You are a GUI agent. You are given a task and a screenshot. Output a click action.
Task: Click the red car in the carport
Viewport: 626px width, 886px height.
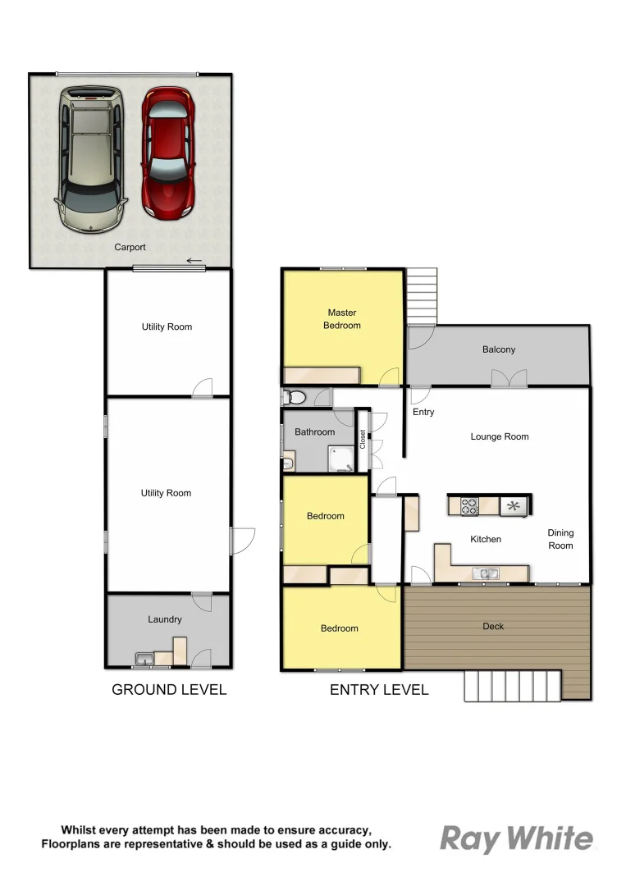tap(168, 153)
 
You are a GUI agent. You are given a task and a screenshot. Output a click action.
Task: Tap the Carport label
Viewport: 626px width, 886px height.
tap(130, 247)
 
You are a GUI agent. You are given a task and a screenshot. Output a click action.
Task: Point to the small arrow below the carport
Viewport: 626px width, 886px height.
tap(194, 262)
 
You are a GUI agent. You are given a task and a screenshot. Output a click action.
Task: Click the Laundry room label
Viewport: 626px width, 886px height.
tap(165, 619)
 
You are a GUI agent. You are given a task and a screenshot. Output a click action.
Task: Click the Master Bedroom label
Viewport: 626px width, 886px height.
tap(342, 319)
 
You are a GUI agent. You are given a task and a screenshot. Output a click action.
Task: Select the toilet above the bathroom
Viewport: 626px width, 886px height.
tap(294, 399)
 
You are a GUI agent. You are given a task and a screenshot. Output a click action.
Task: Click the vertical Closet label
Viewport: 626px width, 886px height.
tap(363, 439)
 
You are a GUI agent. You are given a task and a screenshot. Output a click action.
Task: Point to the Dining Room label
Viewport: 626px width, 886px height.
tap(560, 539)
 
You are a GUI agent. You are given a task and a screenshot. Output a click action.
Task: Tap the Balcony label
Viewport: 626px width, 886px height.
tap(499, 349)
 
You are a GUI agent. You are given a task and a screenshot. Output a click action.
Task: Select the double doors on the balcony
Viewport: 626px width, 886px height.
tap(509, 378)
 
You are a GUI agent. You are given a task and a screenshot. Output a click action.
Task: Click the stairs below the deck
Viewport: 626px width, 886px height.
tap(512, 685)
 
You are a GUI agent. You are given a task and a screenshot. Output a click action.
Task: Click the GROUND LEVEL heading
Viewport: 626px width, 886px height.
tap(169, 690)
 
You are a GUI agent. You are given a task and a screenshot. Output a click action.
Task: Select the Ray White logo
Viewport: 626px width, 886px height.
tap(516, 838)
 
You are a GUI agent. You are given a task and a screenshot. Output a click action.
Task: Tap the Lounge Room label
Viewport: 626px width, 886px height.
tap(499, 436)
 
